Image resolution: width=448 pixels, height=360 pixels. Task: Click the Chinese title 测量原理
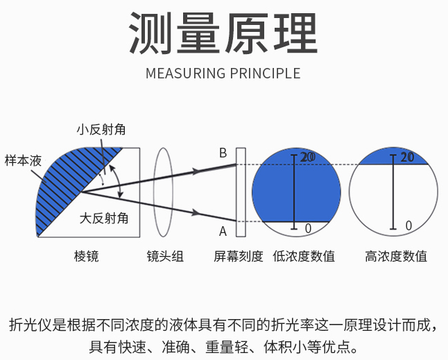[x=223, y=33]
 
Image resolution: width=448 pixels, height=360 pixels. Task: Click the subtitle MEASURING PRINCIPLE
[x=223, y=74]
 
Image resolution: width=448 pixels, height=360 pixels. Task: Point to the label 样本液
[x=23, y=160]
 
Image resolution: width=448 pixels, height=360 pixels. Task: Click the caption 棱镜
[x=86, y=256]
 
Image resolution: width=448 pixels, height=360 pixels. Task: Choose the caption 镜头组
[x=165, y=256]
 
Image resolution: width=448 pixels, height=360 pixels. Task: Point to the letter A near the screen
[x=223, y=231]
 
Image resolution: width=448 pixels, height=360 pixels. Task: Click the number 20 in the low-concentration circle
[x=307, y=157]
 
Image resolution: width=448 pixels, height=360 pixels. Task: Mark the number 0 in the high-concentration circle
[x=408, y=226]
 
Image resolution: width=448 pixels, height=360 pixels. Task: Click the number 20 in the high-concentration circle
[x=407, y=157]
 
